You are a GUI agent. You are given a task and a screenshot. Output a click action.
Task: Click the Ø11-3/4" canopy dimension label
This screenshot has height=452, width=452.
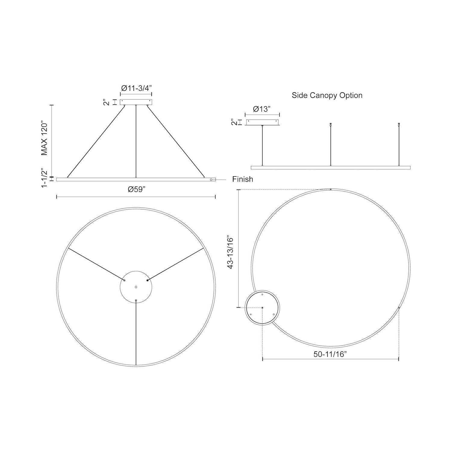(x=136, y=88)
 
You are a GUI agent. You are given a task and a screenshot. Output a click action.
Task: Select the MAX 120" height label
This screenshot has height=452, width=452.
(x=45, y=139)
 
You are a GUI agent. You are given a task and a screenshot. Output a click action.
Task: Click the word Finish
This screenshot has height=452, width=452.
(x=243, y=179)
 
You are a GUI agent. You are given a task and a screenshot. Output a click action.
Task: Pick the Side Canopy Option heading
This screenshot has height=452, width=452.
(x=327, y=96)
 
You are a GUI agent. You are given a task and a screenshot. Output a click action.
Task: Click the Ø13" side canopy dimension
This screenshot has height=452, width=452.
(x=262, y=109)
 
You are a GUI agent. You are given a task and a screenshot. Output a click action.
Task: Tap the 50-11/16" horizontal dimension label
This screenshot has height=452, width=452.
(x=330, y=354)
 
